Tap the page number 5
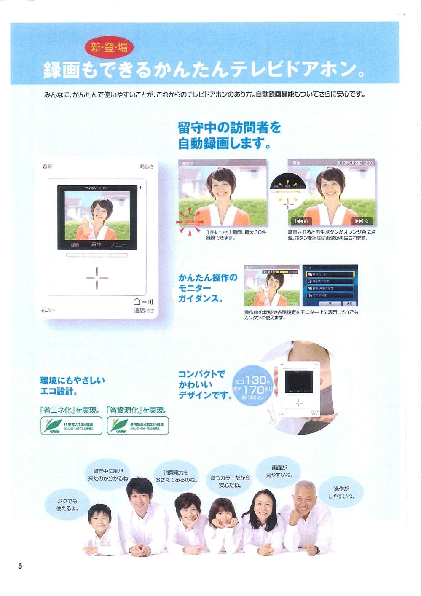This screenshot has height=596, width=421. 20,566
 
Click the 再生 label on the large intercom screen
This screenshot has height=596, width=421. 97,244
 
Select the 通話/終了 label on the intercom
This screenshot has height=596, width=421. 144,311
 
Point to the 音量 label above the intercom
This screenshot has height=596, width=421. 48,166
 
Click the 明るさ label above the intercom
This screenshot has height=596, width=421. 147,166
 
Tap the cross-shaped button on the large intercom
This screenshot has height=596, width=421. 97,278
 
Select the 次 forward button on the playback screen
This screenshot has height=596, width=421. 362,221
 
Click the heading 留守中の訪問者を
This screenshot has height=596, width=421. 229,127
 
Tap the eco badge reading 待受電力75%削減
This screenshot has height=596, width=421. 71,425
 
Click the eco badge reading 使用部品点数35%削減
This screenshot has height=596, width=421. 138,425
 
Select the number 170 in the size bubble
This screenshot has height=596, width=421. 253,389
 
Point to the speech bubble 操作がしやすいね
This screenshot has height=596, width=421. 341,492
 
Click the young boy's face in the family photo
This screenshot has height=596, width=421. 100,521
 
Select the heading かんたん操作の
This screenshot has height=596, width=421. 208,277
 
